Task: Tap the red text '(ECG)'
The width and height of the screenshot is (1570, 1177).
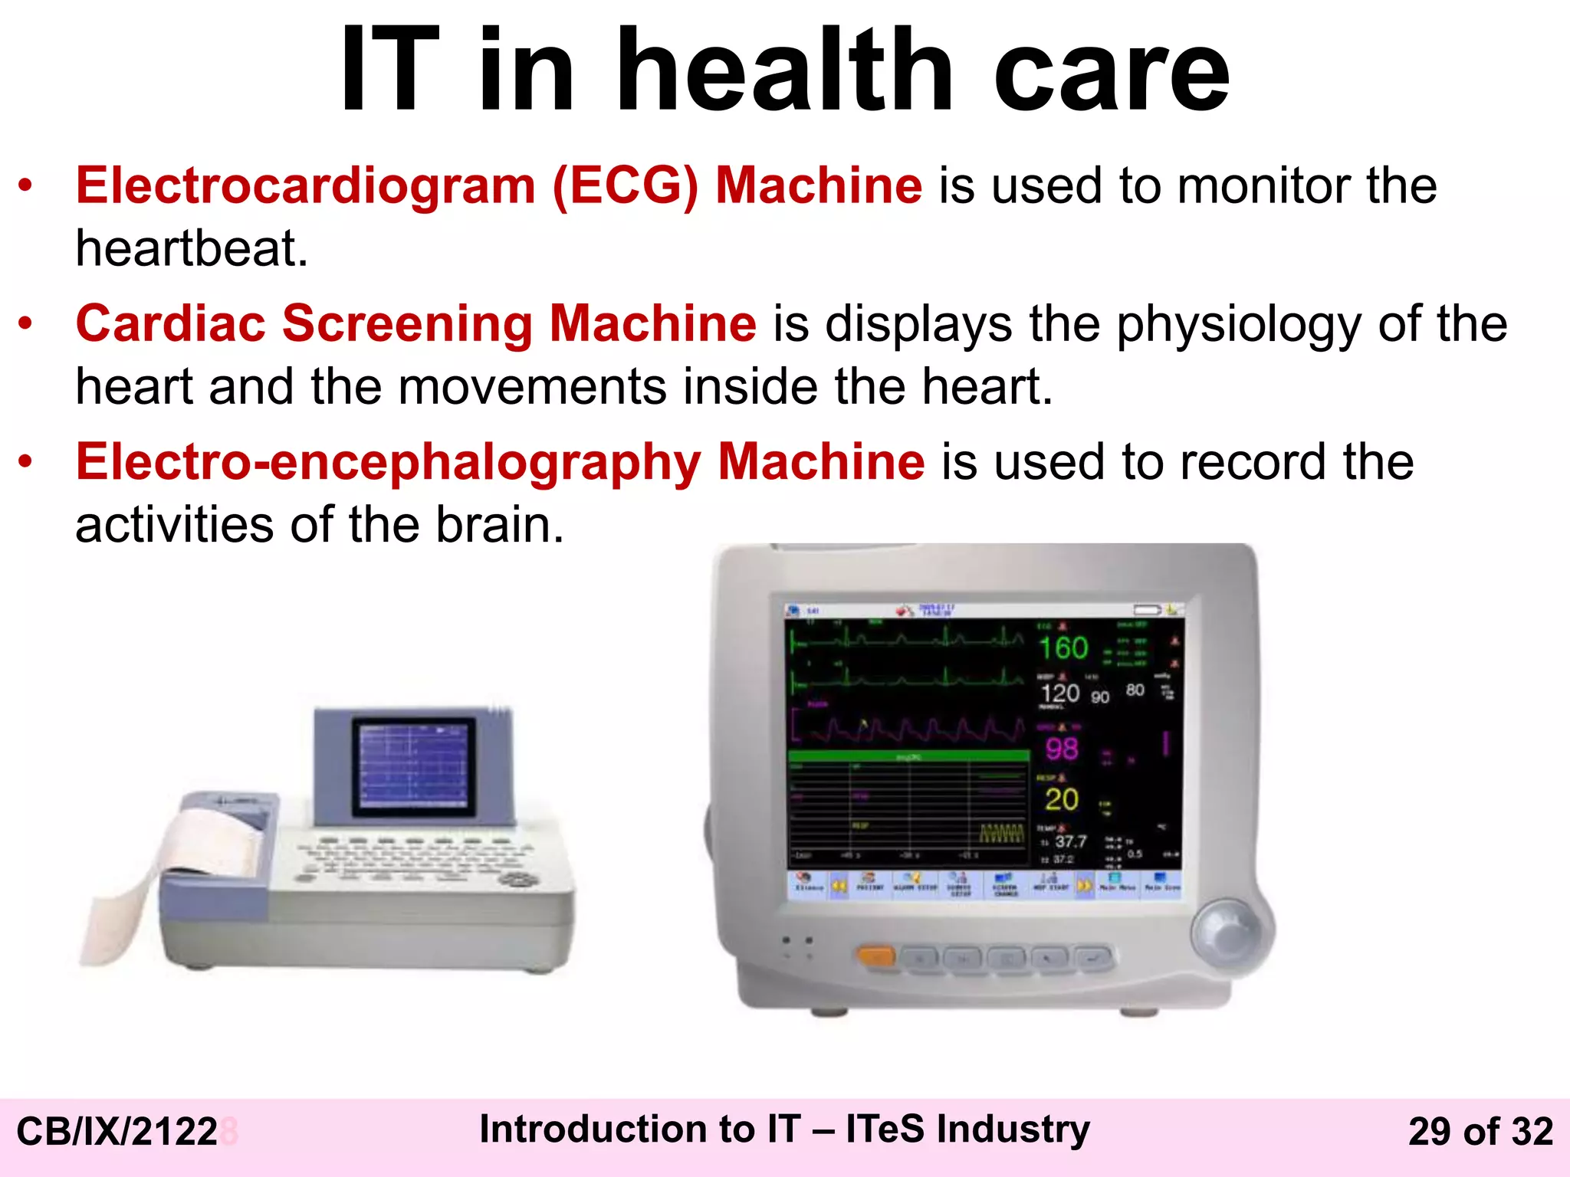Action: pos(625,186)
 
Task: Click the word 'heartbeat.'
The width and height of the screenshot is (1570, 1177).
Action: pos(192,248)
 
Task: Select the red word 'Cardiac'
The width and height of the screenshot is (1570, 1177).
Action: pos(170,323)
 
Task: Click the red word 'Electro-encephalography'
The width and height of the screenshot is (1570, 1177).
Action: pos(387,462)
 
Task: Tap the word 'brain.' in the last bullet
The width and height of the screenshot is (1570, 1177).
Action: pos(499,526)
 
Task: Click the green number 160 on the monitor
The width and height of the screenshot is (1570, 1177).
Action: pos(1063,648)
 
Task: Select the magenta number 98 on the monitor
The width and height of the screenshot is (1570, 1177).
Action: pos(1062,749)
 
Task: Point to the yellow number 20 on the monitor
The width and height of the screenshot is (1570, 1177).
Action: pos(1062,800)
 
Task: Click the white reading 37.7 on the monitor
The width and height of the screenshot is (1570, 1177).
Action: pos(1070,841)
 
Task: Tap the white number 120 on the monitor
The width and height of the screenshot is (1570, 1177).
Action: pos(1060,693)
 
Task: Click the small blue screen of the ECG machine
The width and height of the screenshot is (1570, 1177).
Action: pos(413,766)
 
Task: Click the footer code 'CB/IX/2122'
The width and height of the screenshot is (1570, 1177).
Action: pos(117,1132)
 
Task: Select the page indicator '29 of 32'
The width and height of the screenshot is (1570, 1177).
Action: pos(1480,1132)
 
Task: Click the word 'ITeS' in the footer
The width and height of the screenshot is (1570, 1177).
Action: pos(885,1129)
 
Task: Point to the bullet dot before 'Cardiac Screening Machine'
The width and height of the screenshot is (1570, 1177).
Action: pos(26,323)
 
